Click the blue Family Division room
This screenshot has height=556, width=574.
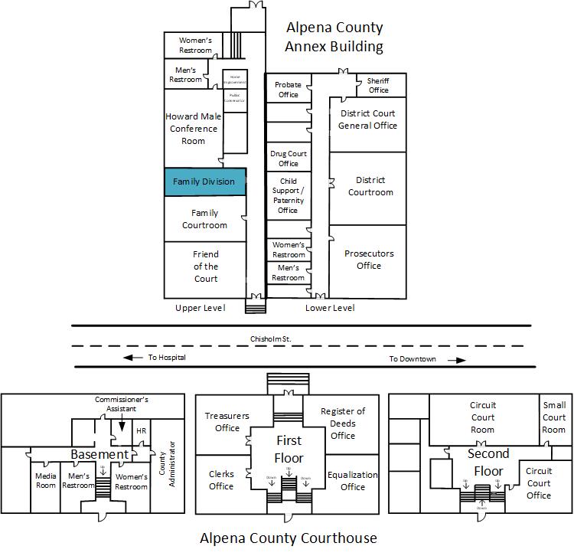(x=205, y=182)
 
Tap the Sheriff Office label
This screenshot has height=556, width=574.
(x=378, y=85)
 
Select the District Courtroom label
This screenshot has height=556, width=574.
(x=370, y=186)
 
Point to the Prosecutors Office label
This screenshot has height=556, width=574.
(x=368, y=260)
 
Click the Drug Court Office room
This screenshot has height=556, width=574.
(x=289, y=158)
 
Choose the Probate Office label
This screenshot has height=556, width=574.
(x=288, y=90)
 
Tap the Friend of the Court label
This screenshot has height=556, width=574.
(x=205, y=267)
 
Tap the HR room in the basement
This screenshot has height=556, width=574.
(x=141, y=431)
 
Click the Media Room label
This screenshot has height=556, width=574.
(x=45, y=481)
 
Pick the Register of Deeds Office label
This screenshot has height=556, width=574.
(x=343, y=424)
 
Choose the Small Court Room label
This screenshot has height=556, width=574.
(x=553, y=417)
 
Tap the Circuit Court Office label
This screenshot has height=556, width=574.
(x=539, y=483)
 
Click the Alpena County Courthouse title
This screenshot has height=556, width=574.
(x=288, y=538)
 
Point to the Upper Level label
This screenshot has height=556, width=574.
(x=200, y=308)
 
